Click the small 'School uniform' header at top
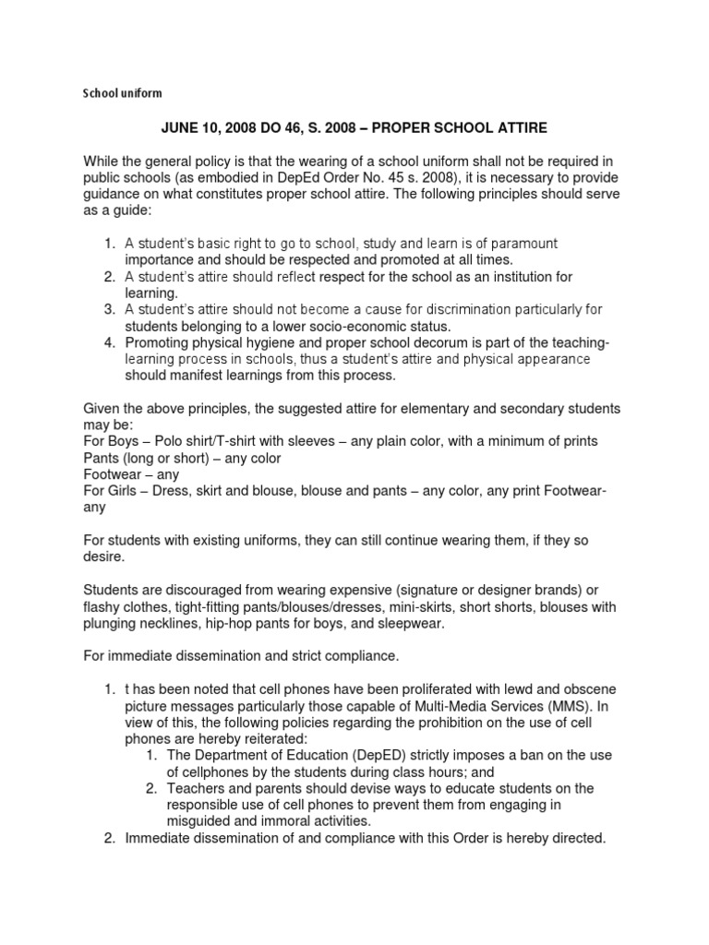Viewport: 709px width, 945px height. click(123, 93)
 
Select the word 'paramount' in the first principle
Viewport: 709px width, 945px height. click(516, 243)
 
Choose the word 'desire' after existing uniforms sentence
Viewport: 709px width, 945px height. click(105, 557)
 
